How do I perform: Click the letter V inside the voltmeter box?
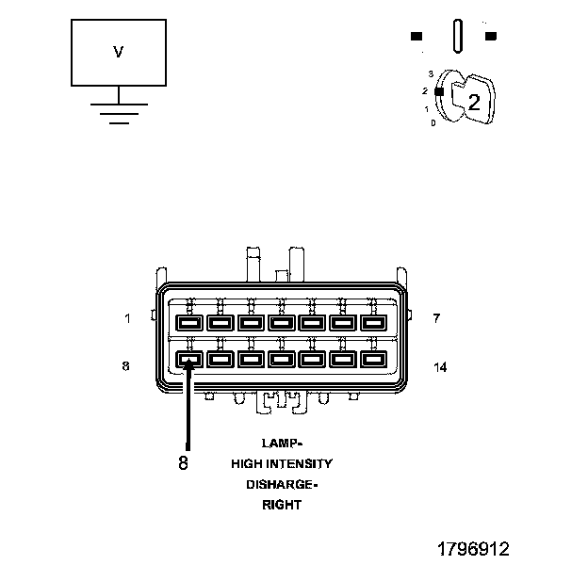pyautogui.click(x=118, y=53)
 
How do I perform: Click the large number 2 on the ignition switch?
pyautogui.click(x=474, y=103)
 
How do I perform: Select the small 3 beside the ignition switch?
pyautogui.click(x=431, y=73)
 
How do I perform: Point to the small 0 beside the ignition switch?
pyautogui.click(x=433, y=123)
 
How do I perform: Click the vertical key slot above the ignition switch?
pyautogui.click(x=458, y=37)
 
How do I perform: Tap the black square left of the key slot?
pyautogui.click(x=416, y=37)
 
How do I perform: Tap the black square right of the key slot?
pyautogui.click(x=490, y=37)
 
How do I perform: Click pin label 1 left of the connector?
pyautogui.click(x=127, y=318)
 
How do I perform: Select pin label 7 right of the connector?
pyautogui.click(x=436, y=318)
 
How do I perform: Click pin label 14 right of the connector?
pyautogui.click(x=439, y=366)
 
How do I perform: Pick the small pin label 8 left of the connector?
pyautogui.click(x=126, y=366)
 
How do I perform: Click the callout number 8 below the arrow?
pyautogui.click(x=183, y=462)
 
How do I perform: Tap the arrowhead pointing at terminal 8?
pyautogui.click(x=188, y=363)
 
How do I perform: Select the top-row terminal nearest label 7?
pyautogui.click(x=373, y=323)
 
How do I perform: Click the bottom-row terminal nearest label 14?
pyautogui.click(x=373, y=359)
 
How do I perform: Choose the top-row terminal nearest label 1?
pyautogui.click(x=188, y=323)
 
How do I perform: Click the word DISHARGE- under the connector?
pyautogui.click(x=282, y=484)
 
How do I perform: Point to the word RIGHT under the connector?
pyautogui.click(x=282, y=505)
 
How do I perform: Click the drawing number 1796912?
pyautogui.click(x=472, y=548)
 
